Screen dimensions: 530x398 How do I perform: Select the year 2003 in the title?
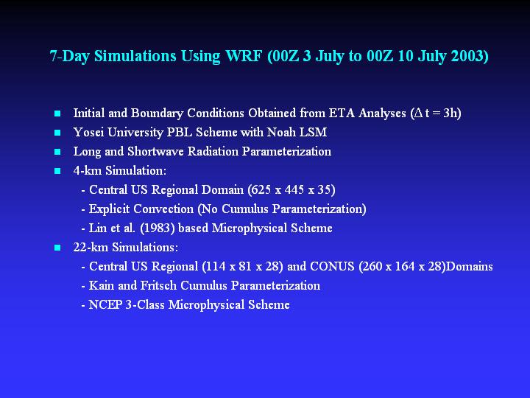click(470, 56)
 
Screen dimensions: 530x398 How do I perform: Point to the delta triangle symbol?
click(418, 113)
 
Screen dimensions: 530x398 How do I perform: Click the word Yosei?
click(88, 133)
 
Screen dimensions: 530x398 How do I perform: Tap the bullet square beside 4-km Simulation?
click(57, 171)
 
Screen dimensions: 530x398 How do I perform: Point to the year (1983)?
click(158, 228)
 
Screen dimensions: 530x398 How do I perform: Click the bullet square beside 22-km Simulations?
click(57, 248)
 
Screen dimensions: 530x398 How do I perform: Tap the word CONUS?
click(332, 267)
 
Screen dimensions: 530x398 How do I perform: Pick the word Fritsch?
click(158, 286)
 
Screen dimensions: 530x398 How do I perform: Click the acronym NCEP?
click(105, 305)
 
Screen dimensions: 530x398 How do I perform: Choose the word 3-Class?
click(145, 305)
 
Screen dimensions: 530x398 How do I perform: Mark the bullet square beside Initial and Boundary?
click(57, 114)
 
